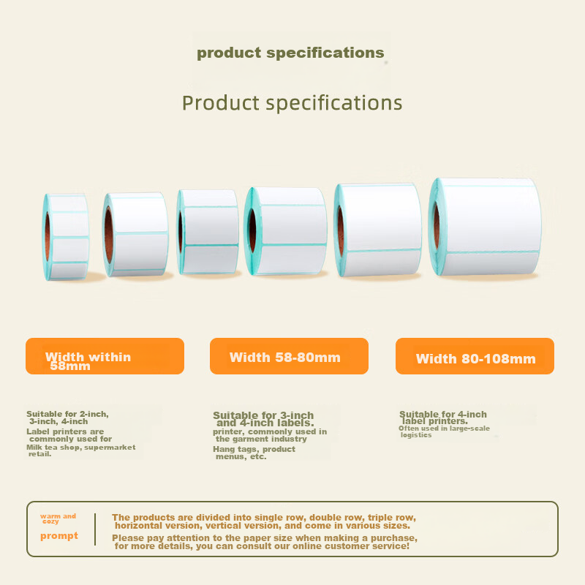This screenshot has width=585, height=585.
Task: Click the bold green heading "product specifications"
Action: pyautogui.click(x=290, y=53)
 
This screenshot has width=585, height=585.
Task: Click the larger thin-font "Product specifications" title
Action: pyautogui.click(x=292, y=102)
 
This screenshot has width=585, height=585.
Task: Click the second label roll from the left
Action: pyautogui.click(x=136, y=234)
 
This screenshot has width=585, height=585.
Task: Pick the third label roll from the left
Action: pyautogui.click(x=208, y=232)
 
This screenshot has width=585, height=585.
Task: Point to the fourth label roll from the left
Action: pyautogui.click(x=285, y=231)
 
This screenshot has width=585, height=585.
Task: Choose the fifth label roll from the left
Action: pyautogui.click(x=378, y=229)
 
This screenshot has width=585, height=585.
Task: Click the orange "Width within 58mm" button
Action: pyautogui.click(x=105, y=356)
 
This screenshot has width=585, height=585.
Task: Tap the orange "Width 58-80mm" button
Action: pyautogui.click(x=289, y=356)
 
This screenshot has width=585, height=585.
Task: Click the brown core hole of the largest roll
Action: pyautogui.click(x=437, y=227)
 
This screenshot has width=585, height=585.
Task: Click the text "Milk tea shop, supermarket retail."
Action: pyautogui.click(x=80, y=450)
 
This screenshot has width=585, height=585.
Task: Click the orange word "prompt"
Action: pyautogui.click(x=58, y=536)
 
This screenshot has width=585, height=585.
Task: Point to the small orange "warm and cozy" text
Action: pyautogui.click(x=57, y=518)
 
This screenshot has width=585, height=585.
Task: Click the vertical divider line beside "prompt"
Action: pyautogui.click(x=95, y=529)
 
